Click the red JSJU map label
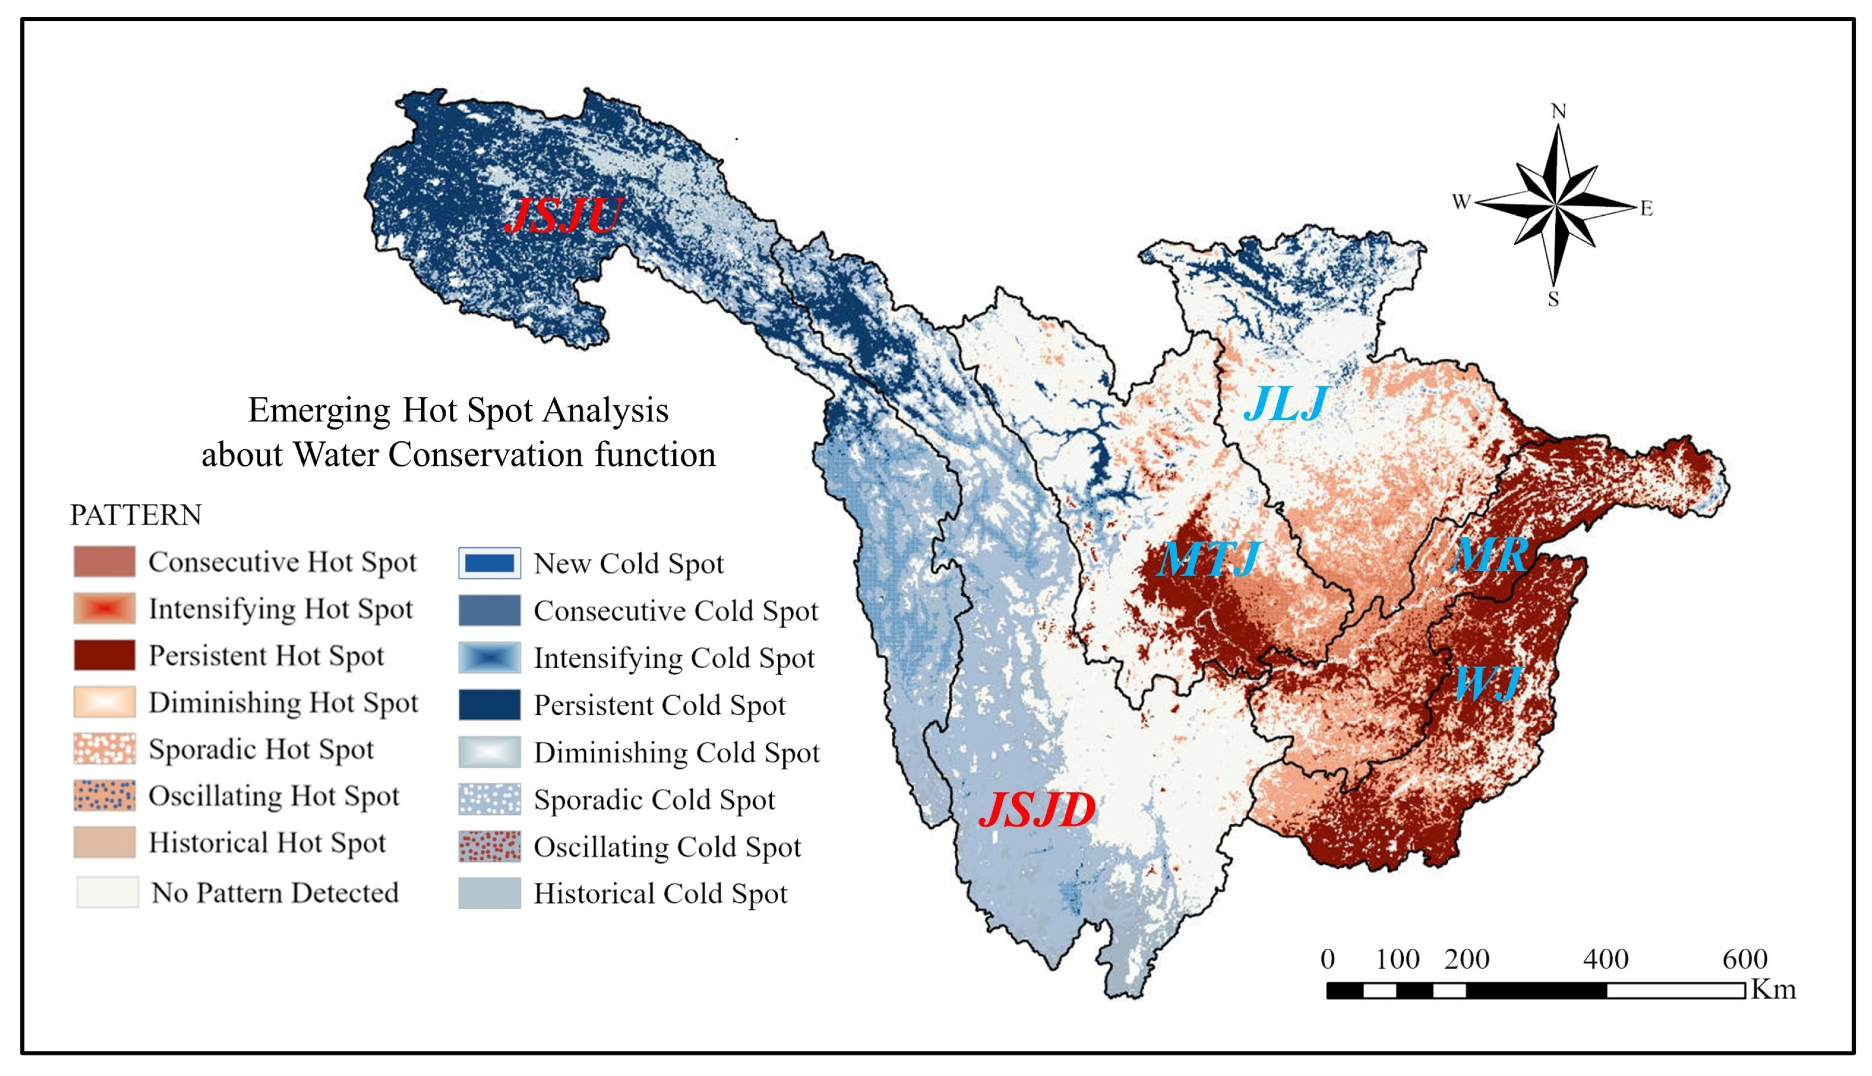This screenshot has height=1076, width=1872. pyautogui.click(x=563, y=216)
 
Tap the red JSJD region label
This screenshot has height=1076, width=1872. pyautogui.click(x=1037, y=810)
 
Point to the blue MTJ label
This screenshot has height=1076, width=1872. pyautogui.click(x=1209, y=559)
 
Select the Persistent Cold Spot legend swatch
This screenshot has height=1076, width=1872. pyautogui.click(x=489, y=705)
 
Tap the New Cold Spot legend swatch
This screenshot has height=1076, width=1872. pyautogui.click(x=489, y=563)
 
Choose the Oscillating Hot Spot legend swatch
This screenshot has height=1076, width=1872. pyautogui.click(x=104, y=796)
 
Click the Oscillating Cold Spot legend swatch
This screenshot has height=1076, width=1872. pyautogui.click(x=489, y=847)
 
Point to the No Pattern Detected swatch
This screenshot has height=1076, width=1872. pyautogui.click(x=107, y=893)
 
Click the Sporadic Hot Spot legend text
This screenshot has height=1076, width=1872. pyautogui.click(x=261, y=749)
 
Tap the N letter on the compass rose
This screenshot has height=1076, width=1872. pyautogui.click(x=1558, y=112)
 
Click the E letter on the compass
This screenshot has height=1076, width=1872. pyautogui.click(x=1645, y=208)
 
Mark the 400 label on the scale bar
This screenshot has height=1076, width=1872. pyautogui.click(x=1605, y=959)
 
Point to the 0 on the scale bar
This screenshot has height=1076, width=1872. pyautogui.click(x=1328, y=959)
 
